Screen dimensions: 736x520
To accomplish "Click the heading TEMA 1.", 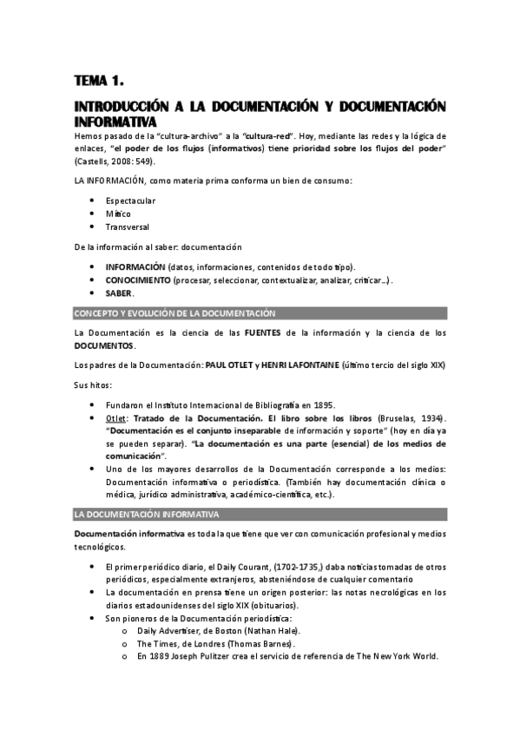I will click(x=100, y=82).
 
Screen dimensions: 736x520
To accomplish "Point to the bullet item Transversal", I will click(x=128, y=227).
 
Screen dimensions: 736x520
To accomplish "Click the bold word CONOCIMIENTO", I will click(x=138, y=280).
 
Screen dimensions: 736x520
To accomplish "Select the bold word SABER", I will click(x=119, y=293).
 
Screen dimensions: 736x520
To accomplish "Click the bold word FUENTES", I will click(x=264, y=332).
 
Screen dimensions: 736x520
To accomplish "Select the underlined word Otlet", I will click(x=116, y=418).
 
